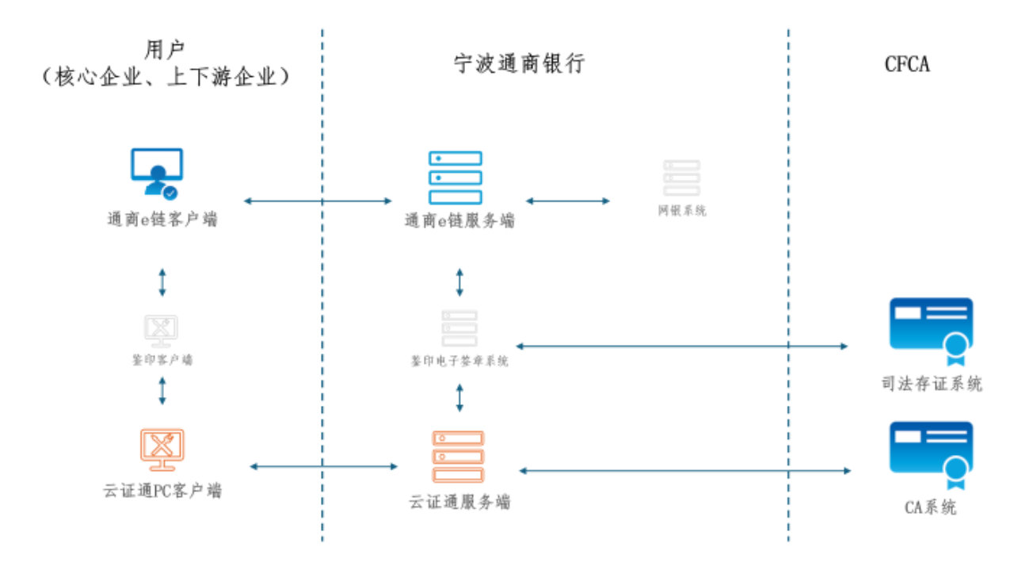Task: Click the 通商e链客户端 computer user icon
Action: tap(157, 173)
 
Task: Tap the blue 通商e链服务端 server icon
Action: tap(455, 178)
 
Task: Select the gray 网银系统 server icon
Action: tap(682, 179)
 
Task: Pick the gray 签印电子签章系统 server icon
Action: tap(459, 327)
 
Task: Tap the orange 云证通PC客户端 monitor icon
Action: tap(162, 450)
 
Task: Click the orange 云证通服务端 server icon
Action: tap(458, 456)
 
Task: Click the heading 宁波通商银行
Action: tap(519, 64)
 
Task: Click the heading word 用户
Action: tap(165, 49)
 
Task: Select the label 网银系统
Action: tap(682, 211)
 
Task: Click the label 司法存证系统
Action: tap(932, 384)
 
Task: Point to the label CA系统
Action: tap(930, 507)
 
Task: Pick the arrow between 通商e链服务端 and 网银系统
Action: tap(568, 201)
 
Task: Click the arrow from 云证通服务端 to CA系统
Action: tap(684, 471)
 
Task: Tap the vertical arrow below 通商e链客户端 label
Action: tap(162, 282)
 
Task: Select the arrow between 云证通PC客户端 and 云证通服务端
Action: tap(323, 466)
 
